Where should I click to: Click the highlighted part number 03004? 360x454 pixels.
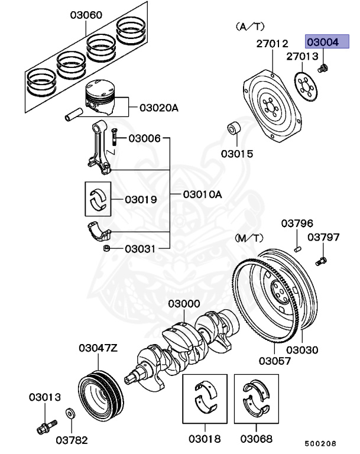pos(322,43)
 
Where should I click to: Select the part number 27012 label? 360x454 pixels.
pos(272,44)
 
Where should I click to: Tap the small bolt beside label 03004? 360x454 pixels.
pos(322,69)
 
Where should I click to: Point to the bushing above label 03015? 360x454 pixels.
pos(235,129)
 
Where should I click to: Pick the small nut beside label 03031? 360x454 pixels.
pos(106,249)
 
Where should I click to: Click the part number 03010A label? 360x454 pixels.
pos(202,194)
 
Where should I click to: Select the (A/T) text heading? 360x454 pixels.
pos(249,27)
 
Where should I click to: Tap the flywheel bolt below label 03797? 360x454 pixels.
pos(322,260)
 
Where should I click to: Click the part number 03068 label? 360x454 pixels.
pos(256,439)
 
